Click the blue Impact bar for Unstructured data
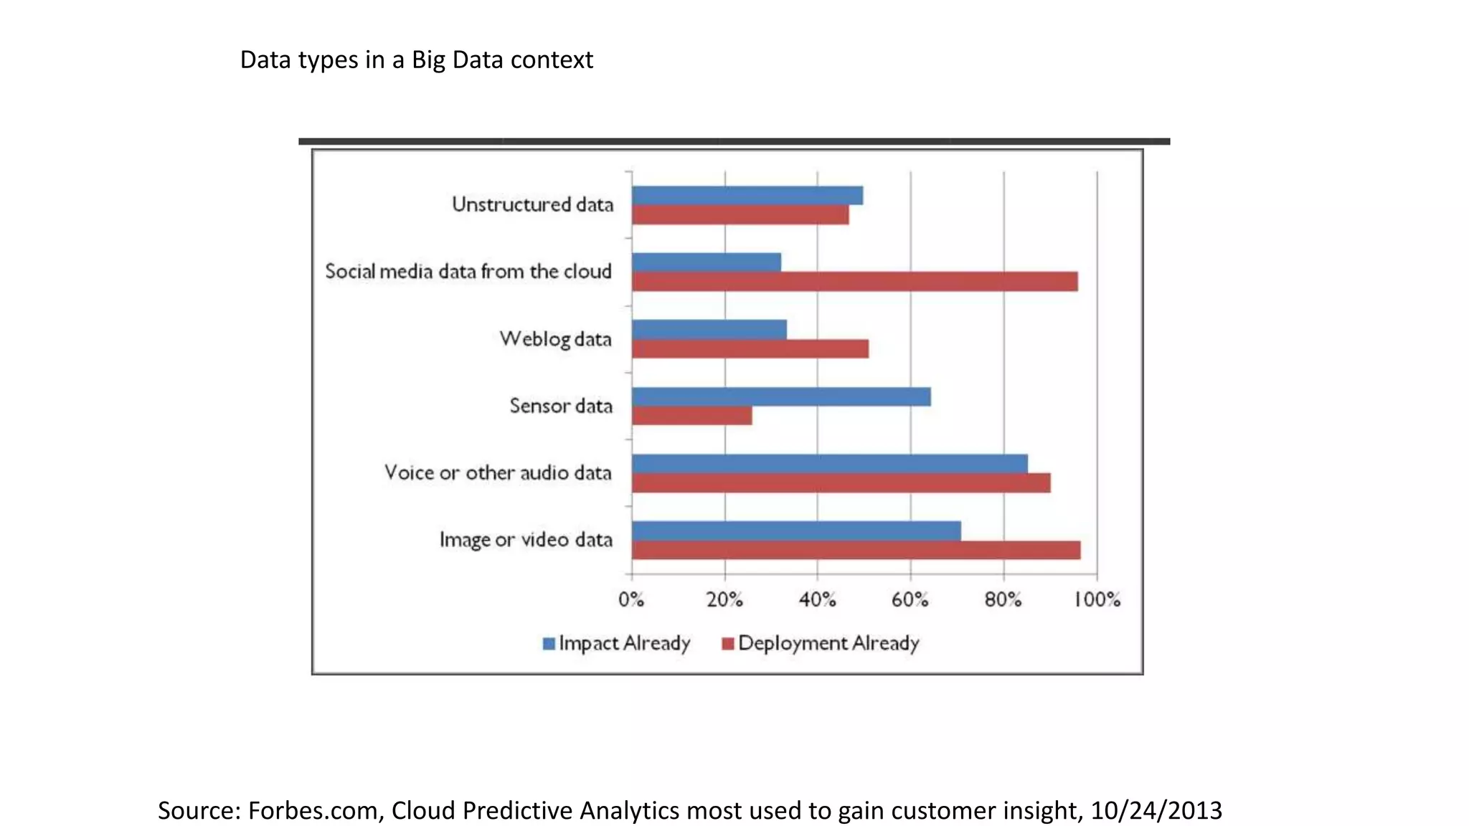747,195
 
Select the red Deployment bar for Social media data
854,281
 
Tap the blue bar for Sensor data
781,397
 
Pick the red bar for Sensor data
691,416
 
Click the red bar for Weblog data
750,348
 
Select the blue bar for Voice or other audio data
829,463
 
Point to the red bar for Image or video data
856,550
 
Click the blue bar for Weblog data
709,329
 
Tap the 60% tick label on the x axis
910,599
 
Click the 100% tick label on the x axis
1097,599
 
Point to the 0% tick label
631,599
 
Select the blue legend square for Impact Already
549,644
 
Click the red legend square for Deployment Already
727,644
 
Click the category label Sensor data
561,406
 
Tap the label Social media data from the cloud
468,272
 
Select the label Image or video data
526,540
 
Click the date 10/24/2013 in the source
1156,810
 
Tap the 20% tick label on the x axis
724,599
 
